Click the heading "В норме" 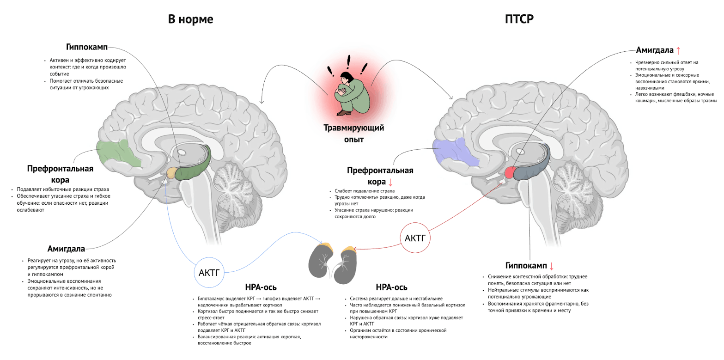(x=190, y=20)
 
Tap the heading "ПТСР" (x=519, y=20)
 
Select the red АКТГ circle (x=414, y=238)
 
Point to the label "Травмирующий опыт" (x=353, y=133)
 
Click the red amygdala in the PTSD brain (x=510, y=173)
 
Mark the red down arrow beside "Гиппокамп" (x=551, y=266)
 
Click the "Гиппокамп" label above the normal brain (x=87, y=48)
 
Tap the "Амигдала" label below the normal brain (x=66, y=249)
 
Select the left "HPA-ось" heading (x=261, y=287)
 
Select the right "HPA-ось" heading (x=392, y=287)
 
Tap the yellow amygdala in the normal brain (x=171, y=173)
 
